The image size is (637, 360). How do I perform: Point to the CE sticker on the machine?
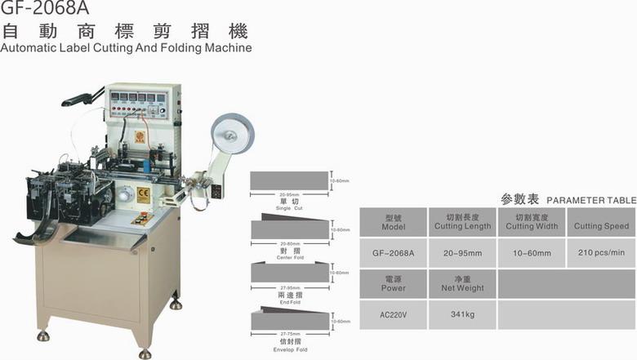[141, 194]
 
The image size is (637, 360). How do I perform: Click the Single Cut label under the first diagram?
[289, 209]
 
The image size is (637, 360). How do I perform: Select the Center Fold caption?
[289, 254]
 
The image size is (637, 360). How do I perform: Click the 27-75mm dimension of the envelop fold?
[289, 333]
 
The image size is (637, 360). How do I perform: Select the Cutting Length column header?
[462, 222]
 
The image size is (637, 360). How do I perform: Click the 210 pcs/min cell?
[601, 252]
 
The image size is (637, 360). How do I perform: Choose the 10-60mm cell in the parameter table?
[531, 252]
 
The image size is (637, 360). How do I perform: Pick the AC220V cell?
[393, 314]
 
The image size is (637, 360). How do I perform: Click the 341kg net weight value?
[462, 314]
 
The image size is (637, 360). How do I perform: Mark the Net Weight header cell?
[462, 283]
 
